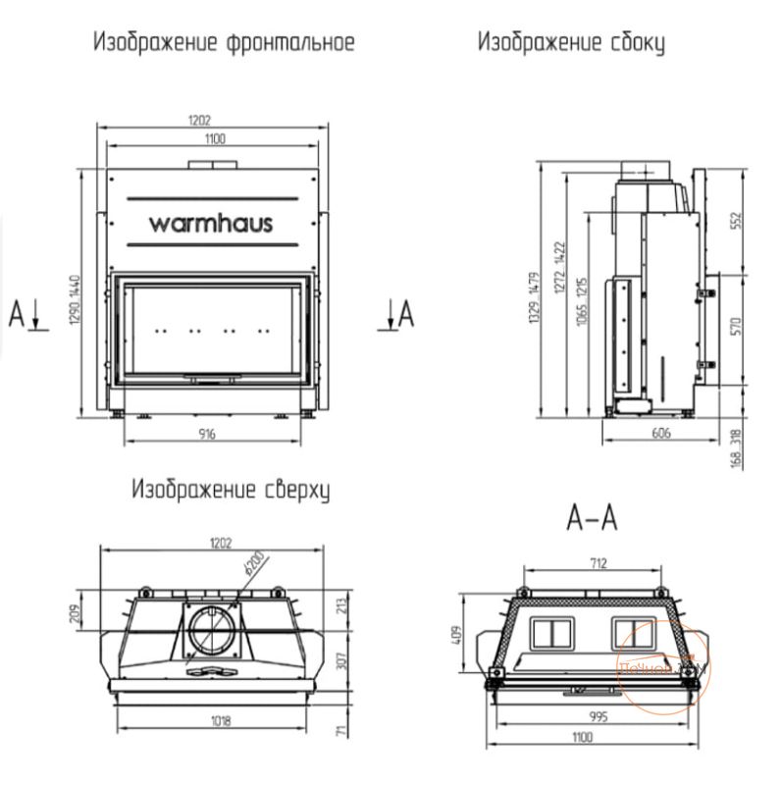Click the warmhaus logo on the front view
click(x=211, y=223)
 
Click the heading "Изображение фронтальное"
click(x=223, y=42)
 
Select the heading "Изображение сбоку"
click(x=570, y=42)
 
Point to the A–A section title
click(x=593, y=517)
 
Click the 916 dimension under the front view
click(x=206, y=433)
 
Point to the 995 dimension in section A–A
click(x=597, y=717)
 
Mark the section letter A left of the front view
click(x=16, y=315)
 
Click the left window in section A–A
click(x=550, y=631)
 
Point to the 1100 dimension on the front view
click(x=214, y=140)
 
